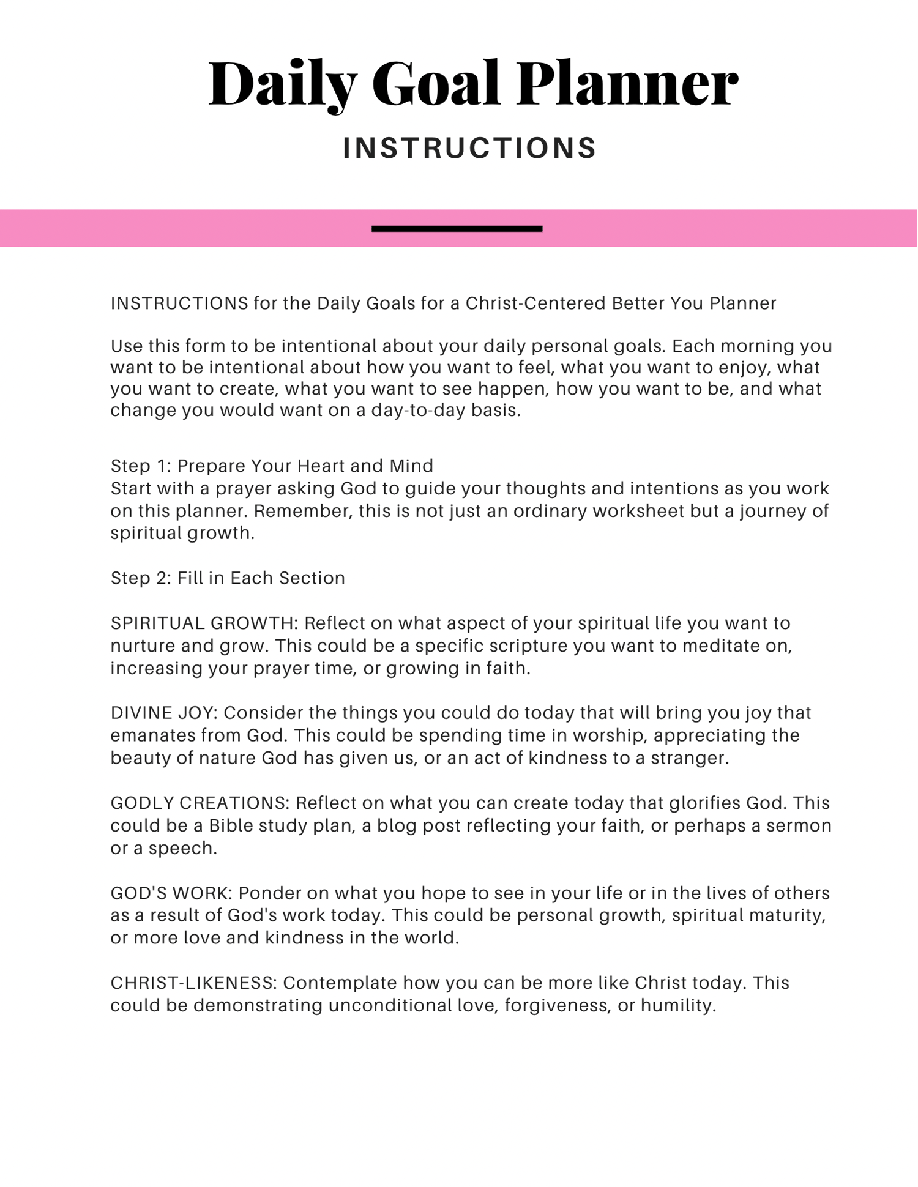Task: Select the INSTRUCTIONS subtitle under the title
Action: (470, 148)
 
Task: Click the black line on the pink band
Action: (457, 229)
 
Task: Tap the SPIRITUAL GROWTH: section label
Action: (204, 623)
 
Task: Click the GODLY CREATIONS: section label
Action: (200, 803)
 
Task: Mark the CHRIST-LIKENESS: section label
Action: (195, 983)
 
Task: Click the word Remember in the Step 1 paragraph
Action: (303, 512)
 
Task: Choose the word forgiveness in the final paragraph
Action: (557, 1006)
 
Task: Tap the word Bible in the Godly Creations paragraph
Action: (231, 826)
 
